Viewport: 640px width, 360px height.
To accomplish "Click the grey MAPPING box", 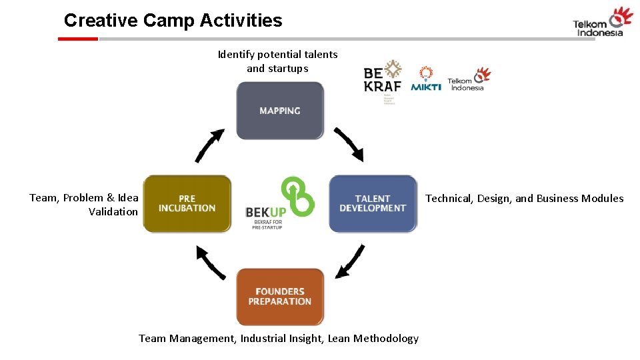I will coord(280,111).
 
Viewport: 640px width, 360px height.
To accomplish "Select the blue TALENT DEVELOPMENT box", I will coord(373,203).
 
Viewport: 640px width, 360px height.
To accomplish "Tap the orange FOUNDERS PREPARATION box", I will coord(280,297).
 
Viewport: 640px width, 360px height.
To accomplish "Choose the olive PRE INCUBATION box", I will coord(187,203).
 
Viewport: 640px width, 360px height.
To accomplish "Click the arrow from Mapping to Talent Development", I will coord(349,144).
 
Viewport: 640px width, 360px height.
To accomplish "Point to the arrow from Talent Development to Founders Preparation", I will coord(350,261).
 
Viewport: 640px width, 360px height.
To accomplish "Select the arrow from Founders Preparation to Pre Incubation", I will coord(210,261).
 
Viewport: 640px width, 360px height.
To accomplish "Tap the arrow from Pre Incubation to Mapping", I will coord(209,145).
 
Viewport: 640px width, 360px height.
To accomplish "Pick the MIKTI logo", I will coord(426,79).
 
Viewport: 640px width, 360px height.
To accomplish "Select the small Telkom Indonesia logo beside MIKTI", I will coord(468,79).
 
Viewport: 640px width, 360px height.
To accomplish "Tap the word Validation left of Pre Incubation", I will coord(113,212).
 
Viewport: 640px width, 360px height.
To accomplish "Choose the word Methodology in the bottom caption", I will coord(386,339).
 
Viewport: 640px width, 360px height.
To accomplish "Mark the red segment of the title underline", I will coord(78,39).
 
